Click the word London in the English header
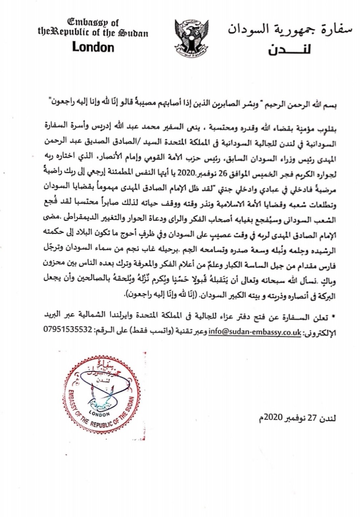93,47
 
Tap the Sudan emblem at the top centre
191,38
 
